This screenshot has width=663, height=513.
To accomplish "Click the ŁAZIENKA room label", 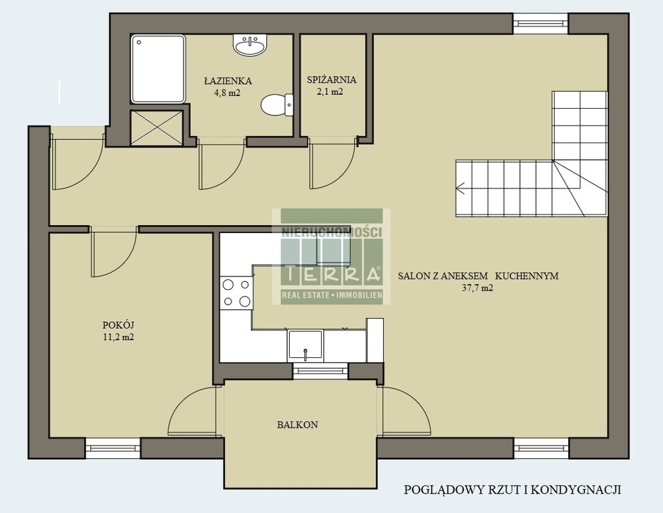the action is point(228,80).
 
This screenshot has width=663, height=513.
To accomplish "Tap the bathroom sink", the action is point(250,44).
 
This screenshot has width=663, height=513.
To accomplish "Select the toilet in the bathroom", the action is point(276,105).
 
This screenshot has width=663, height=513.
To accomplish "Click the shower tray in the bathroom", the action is point(158,69).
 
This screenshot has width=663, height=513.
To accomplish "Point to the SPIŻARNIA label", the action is point(331,79).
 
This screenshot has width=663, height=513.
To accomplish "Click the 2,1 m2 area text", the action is point(330,92).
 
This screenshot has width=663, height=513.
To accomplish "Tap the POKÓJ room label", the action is point(118,325).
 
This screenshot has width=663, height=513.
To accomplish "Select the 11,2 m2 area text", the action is point(118,337).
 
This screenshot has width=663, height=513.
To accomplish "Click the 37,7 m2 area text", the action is point(478,288).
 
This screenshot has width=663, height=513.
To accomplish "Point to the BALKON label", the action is point(298,425).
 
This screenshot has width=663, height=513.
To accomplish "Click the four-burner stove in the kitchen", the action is point(236,293).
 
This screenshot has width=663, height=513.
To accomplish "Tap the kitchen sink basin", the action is point(305,345).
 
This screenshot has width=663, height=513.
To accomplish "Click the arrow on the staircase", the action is point(461,188).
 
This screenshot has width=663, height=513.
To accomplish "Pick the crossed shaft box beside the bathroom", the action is point(157,128).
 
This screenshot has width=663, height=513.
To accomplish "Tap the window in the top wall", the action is point(541,23).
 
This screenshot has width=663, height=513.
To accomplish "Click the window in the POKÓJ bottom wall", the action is point(113,449).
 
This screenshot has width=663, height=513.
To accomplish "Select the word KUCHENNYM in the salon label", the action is point(527,276).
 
